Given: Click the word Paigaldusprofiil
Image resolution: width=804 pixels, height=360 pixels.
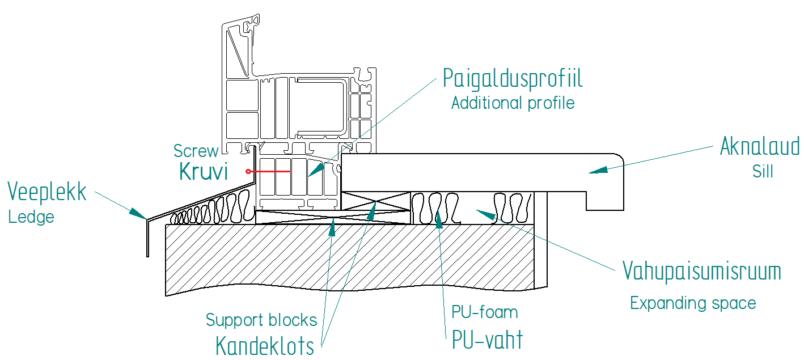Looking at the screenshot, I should click(x=513, y=78).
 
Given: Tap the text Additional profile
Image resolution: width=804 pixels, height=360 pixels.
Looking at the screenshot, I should click(x=513, y=103).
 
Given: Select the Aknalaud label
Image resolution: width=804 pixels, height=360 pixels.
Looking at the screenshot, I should click(x=759, y=146).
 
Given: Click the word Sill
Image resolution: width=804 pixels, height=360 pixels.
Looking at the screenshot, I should click(x=763, y=172).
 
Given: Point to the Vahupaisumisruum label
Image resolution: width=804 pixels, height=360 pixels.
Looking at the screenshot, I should click(x=702, y=272).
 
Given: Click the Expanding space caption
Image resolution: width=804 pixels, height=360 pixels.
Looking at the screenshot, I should click(x=693, y=303).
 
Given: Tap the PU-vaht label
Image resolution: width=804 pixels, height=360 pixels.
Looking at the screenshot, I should click(x=487, y=340).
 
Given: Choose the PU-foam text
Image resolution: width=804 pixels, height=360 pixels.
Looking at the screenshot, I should click(x=485, y=312).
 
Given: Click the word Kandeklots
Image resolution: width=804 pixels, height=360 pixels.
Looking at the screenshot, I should click(x=265, y=345).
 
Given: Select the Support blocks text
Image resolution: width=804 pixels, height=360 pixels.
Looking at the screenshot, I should click(x=261, y=320).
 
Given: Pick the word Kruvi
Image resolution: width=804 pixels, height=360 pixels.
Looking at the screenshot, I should click(x=204, y=171).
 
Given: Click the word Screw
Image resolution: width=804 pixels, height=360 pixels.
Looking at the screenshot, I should click(x=196, y=151).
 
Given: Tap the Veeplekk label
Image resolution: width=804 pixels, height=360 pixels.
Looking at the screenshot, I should click(x=47, y=192).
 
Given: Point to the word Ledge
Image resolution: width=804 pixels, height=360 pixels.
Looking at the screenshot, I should click(x=31, y=217).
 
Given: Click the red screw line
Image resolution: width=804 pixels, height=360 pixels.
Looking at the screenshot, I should click(x=269, y=171).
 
